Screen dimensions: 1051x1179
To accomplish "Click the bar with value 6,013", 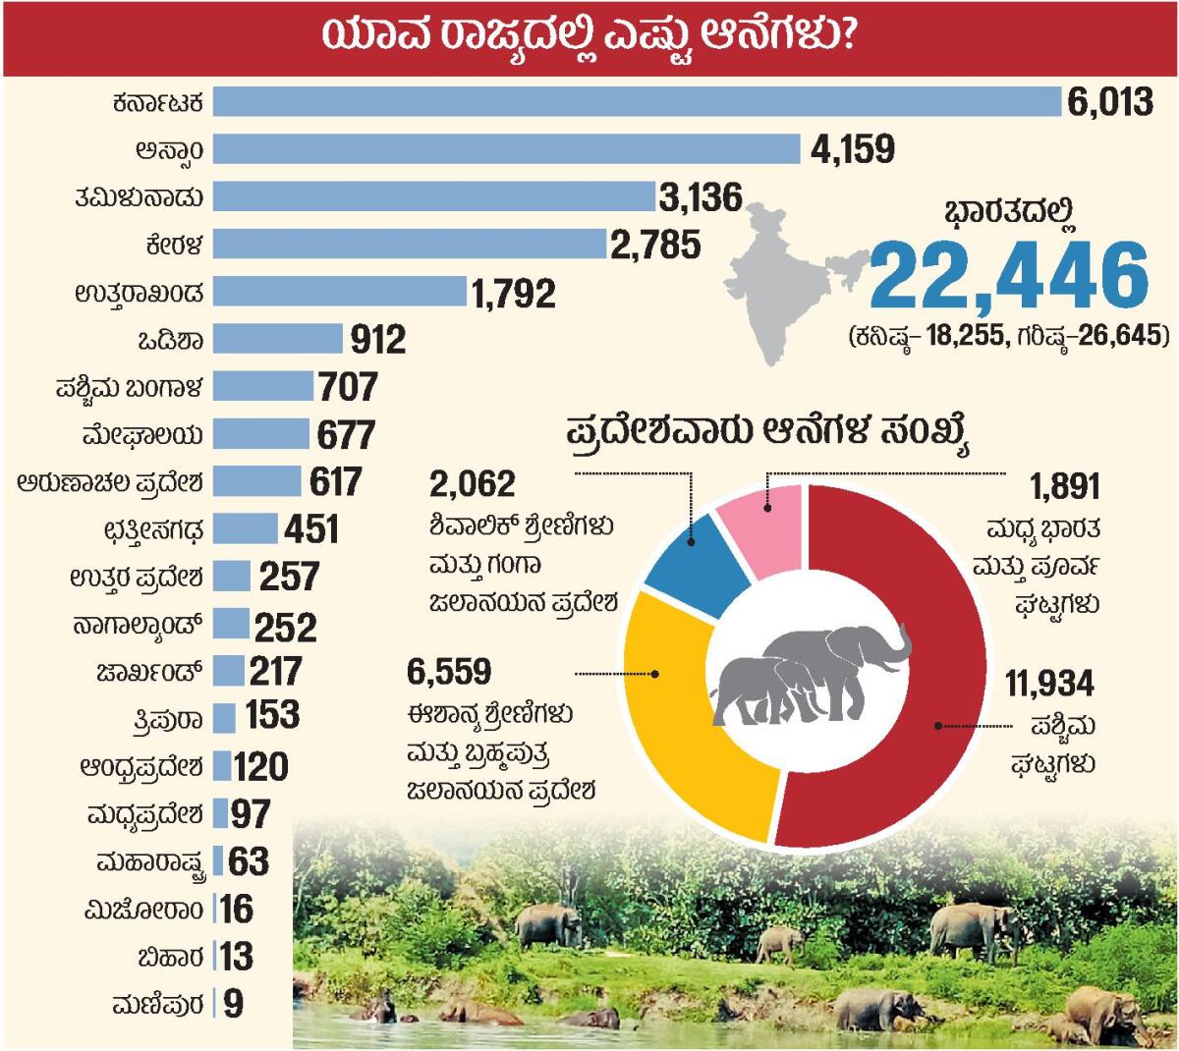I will [x=637, y=102].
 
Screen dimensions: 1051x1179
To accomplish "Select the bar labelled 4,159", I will [x=506, y=149].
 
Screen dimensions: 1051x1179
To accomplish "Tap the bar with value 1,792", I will [x=339, y=292].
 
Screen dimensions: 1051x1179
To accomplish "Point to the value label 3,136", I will [x=701, y=197].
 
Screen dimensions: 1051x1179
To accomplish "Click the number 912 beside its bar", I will [x=378, y=340].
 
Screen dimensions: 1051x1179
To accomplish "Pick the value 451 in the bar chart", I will [x=311, y=529].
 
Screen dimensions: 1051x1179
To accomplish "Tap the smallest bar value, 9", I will [x=233, y=1005].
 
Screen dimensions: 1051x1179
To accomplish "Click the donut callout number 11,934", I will [x=1049, y=685].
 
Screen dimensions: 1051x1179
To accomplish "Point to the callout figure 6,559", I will [x=448, y=673].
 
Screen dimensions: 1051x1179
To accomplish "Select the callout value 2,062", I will [x=473, y=484].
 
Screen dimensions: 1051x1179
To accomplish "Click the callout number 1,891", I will [x=1064, y=486].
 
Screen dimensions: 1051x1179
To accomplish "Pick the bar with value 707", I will [x=262, y=386].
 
